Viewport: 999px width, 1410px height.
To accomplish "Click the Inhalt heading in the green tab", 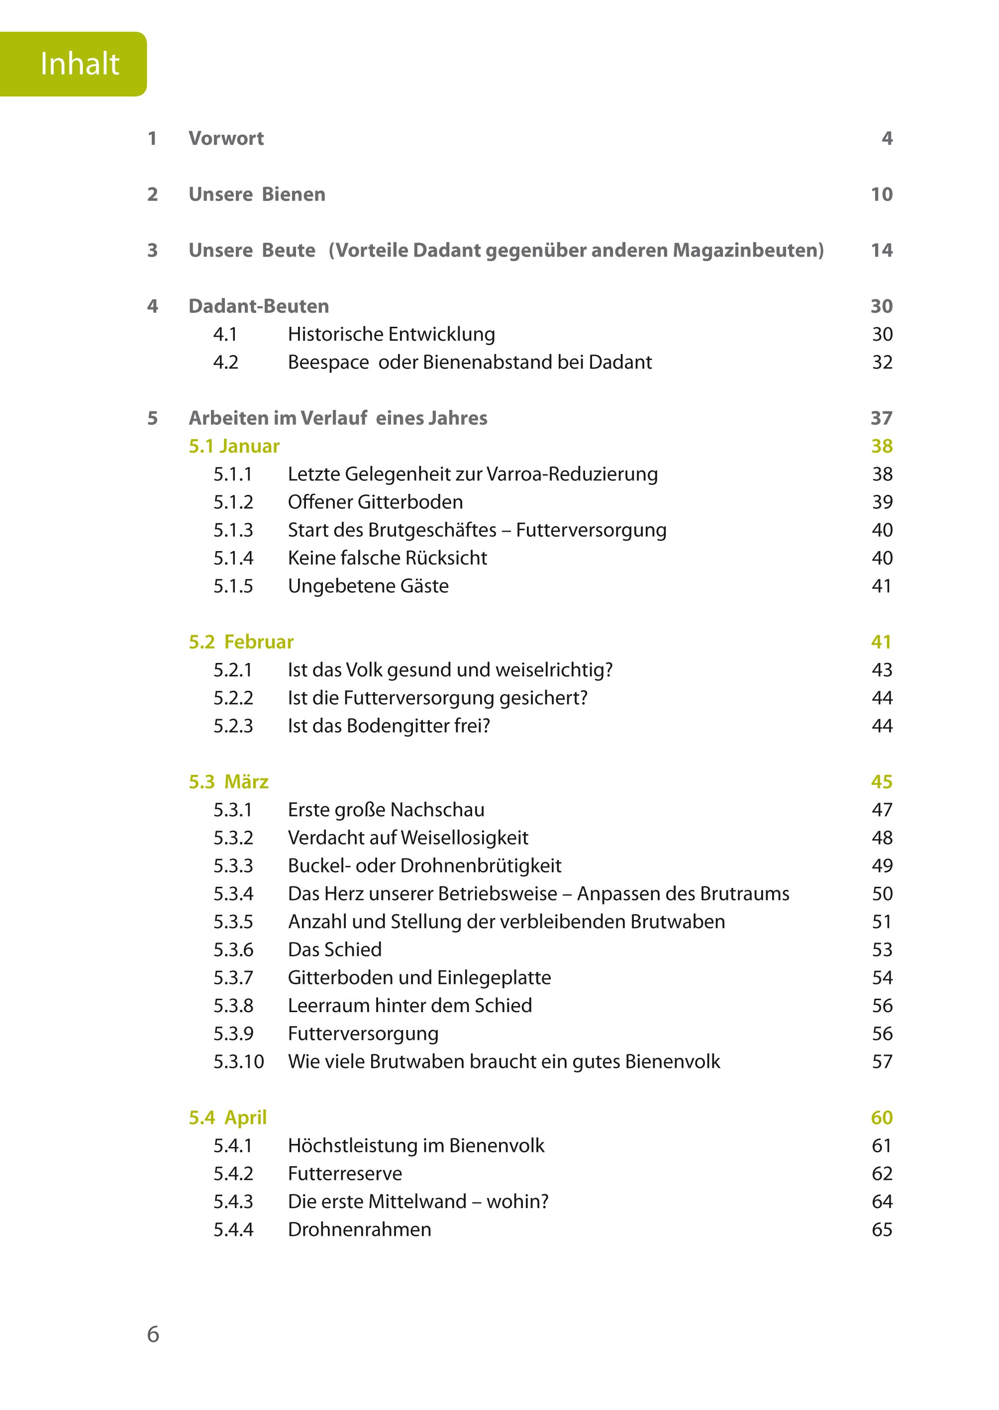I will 80,64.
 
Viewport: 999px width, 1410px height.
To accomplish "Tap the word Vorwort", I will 226,138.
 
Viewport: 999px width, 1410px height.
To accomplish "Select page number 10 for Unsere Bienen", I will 881,194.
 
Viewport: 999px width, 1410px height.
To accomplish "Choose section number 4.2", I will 225,362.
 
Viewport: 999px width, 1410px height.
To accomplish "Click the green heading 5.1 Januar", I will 234,446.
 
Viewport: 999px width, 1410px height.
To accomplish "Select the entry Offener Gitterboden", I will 375,502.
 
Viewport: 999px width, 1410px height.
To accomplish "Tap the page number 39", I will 882,502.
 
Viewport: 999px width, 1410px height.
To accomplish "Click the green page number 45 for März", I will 881,781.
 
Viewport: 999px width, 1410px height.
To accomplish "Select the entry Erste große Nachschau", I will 386,810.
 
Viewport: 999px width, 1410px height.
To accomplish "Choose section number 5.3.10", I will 238,1061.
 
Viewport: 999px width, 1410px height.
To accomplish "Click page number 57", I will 882,1061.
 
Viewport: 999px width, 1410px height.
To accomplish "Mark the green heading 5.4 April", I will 227,1117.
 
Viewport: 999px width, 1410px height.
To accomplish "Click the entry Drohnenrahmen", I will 359,1229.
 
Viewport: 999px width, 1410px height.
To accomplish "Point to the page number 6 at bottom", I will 153,1334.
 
